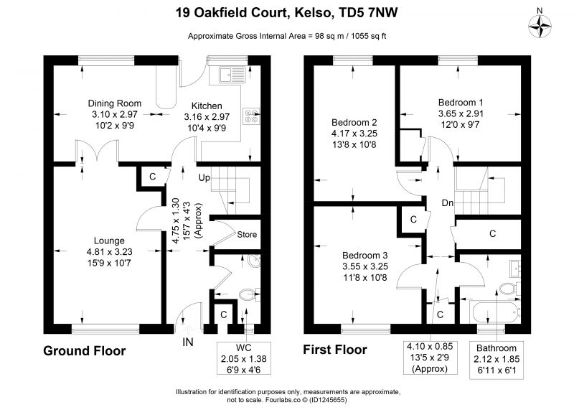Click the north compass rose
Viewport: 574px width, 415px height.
[540, 27]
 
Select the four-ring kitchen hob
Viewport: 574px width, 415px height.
[252, 116]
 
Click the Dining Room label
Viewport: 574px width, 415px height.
[115, 103]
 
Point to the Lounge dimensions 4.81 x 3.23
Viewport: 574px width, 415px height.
[110, 252]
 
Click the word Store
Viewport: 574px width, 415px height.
[247, 234]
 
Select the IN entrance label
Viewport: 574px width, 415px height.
[188, 342]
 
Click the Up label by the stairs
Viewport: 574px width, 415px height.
[204, 178]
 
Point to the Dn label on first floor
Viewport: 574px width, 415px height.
[447, 203]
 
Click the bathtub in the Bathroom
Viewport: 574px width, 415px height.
[497, 312]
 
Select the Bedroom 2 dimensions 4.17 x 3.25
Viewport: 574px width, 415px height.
[354, 134]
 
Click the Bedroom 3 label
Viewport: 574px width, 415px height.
[365, 256]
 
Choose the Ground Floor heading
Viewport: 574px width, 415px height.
[85, 351]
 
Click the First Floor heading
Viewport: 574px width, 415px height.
[335, 350]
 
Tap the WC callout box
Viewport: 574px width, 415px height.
[244, 358]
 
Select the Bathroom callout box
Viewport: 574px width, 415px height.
[497, 360]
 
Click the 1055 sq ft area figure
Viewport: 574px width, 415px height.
[369, 36]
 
